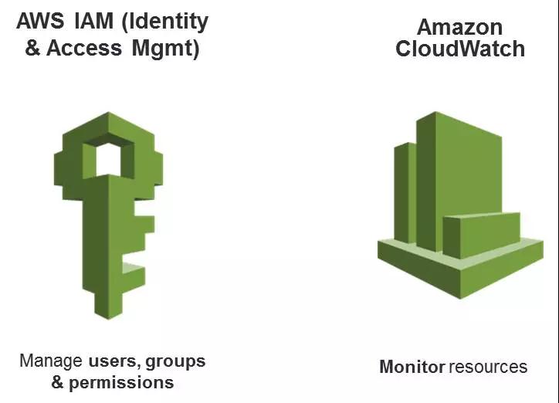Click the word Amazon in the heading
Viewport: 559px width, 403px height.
tap(460, 27)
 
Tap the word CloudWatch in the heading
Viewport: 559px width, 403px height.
tap(460, 49)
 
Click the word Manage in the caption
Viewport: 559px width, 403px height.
tap(51, 361)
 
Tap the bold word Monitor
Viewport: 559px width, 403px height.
tap(412, 367)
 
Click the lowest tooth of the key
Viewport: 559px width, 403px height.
tap(133, 273)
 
